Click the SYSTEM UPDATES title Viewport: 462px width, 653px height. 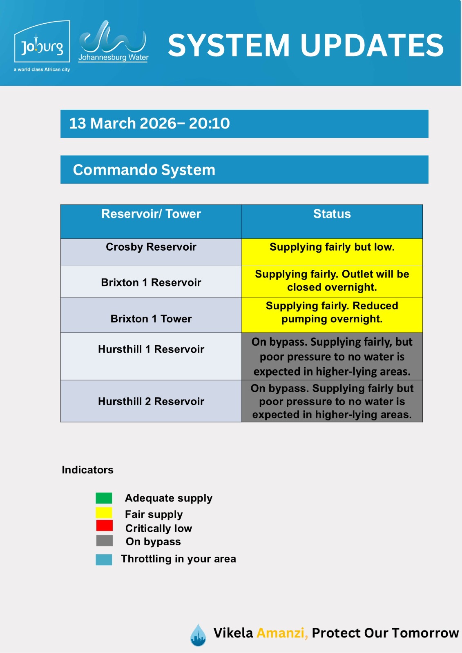coord(306,45)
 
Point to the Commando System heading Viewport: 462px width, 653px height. coord(144,170)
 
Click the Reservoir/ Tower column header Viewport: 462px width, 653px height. coord(151,214)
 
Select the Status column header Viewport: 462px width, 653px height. coord(332,214)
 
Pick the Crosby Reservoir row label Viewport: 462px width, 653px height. coord(151,247)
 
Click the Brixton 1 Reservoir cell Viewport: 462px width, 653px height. coord(151,282)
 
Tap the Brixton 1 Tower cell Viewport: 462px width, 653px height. coord(151,319)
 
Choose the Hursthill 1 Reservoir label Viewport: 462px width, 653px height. coord(151,349)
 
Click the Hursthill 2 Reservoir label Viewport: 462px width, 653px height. coord(151,402)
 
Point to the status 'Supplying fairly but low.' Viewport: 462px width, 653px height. coord(332,247)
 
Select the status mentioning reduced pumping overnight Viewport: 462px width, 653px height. coord(332,312)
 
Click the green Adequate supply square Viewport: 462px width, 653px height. coord(104,498)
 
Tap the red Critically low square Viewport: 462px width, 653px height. coord(104,525)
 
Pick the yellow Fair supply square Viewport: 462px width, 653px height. coord(104,513)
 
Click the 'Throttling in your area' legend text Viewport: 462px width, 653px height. coord(178,559)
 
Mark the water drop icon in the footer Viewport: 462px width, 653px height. coord(198,635)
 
